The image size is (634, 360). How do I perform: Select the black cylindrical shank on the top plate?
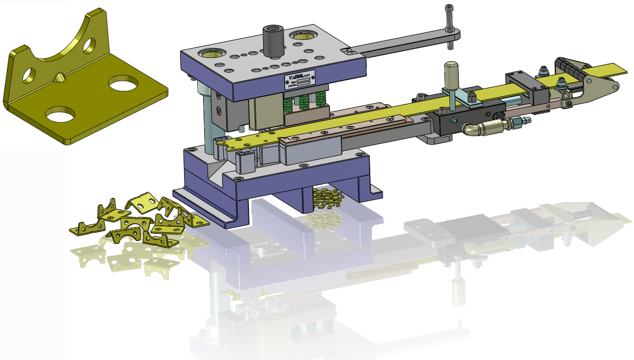[x=272, y=40]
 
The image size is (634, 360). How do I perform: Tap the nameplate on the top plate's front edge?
[x=299, y=80]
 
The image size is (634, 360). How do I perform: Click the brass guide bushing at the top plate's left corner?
[x=210, y=53]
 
